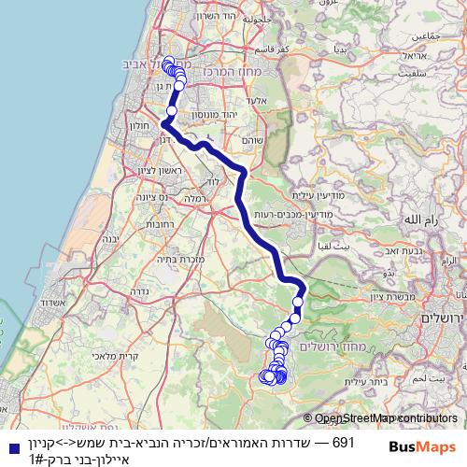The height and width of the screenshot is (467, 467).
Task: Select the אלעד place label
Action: (258, 100)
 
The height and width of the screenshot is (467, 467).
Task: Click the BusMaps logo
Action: (423, 446)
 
